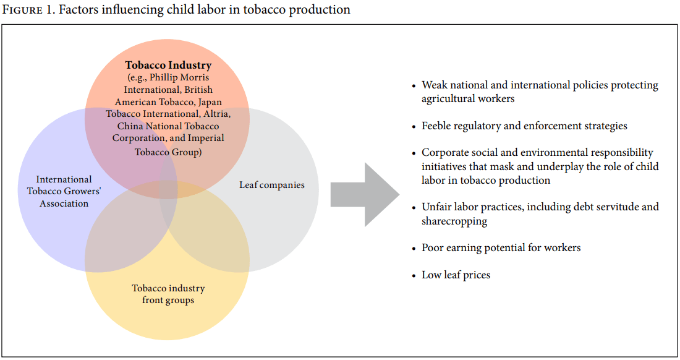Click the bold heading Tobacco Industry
(168, 65)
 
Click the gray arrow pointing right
(365, 194)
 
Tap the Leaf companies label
(272, 185)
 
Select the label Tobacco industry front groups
(168, 294)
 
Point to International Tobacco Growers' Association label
(64, 191)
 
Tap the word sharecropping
(454, 221)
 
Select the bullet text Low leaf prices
(456, 275)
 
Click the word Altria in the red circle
(217, 114)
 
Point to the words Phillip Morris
(179, 78)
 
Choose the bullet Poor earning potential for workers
(501, 247)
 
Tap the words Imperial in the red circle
(206, 138)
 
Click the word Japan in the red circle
(210, 102)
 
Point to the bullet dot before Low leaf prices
(414, 276)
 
